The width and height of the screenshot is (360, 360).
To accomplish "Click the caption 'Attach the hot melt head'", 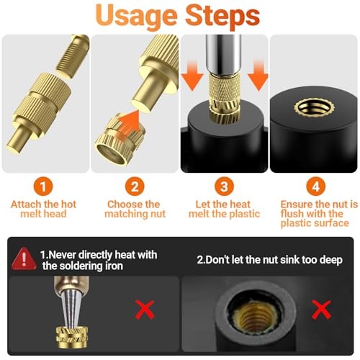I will click(x=45, y=209).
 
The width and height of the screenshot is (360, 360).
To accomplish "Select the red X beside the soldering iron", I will click(x=145, y=310).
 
